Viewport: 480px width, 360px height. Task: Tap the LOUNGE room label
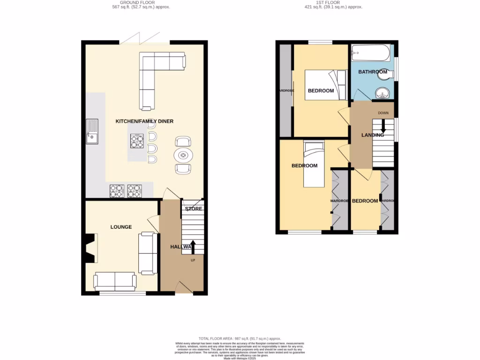coord(121,227)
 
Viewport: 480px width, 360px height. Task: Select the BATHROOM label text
coord(373,72)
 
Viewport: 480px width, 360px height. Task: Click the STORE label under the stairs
coord(193,209)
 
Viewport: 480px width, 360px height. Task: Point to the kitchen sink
coord(92,132)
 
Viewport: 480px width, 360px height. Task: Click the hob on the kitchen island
coord(137,141)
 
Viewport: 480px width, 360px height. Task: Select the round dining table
coord(183,155)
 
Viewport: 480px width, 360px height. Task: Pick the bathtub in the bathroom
coord(371,52)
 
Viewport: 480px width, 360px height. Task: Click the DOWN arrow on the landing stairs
coord(383,126)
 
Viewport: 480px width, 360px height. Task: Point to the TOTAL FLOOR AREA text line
coord(240,338)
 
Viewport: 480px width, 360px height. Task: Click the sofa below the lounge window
coord(115,281)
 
